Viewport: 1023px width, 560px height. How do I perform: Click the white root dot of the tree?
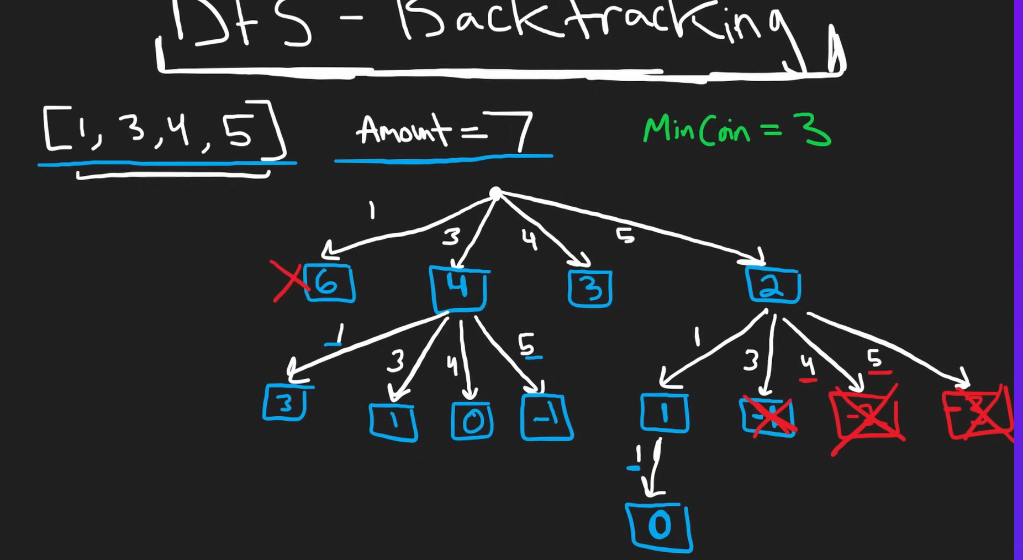[495, 193]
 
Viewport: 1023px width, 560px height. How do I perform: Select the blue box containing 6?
[329, 284]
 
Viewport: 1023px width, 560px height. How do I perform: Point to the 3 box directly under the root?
[590, 289]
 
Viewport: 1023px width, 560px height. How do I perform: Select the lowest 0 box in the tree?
[659, 527]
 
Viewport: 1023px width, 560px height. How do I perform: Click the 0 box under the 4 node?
[472, 421]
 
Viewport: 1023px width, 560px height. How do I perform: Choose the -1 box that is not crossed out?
[546, 418]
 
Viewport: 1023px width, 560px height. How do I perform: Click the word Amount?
[403, 130]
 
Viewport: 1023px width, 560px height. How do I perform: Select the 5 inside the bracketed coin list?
[238, 133]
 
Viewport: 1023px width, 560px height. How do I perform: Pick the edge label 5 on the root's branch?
[625, 237]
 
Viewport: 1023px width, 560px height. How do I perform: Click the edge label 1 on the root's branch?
[372, 211]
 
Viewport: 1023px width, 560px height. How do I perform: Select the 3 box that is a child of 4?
[284, 403]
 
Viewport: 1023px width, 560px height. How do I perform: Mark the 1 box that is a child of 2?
[665, 413]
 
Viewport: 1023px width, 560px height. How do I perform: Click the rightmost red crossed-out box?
[978, 415]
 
